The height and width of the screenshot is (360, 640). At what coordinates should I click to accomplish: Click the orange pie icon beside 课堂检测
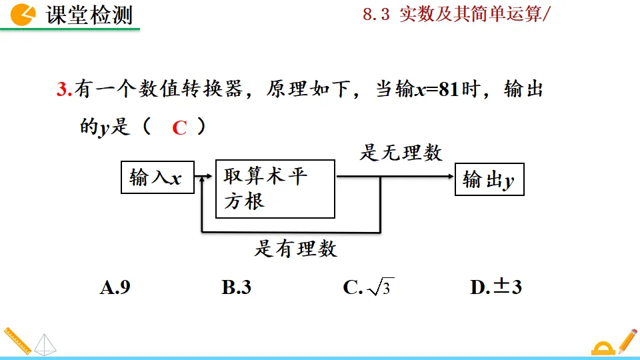pyautogui.click(x=24, y=15)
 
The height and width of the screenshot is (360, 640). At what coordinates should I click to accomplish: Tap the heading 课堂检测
pyautogui.click(x=89, y=15)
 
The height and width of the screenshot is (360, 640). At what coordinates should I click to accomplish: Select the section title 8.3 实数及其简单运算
pyautogui.click(x=453, y=15)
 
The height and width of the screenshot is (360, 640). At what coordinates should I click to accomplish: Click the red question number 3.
pyautogui.click(x=63, y=90)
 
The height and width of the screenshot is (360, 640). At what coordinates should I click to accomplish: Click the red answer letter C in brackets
pyautogui.click(x=179, y=128)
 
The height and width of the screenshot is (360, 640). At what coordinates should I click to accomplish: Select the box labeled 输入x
pyautogui.click(x=156, y=178)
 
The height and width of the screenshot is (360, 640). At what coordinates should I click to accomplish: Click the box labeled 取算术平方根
pyautogui.click(x=275, y=189)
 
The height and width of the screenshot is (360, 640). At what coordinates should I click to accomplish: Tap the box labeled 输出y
pyautogui.click(x=489, y=179)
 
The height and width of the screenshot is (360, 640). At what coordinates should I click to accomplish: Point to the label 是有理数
pyautogui.click(x=295, y=249)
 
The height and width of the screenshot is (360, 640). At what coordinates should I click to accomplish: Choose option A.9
pyautogui.click(x=115, y=287)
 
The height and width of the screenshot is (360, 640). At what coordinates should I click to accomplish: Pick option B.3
pyautogui.click(x=236, y=287)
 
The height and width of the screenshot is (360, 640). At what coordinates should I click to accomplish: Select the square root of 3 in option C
pyautogui.click(x=381, y=287)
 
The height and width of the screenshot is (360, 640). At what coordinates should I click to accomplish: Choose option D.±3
pyautogui.click(x=495, y=287)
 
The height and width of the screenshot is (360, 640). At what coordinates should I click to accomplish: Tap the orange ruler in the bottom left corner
pyautogui.click(x=16, y=340)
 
